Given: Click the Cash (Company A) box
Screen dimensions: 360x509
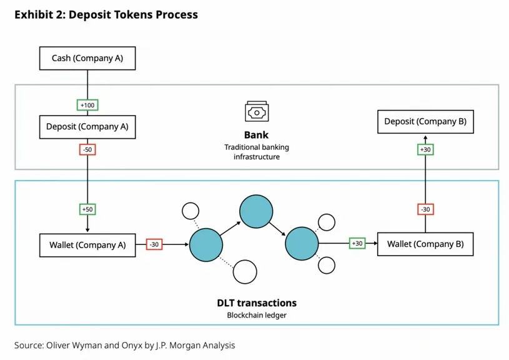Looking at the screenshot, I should click(87, 59).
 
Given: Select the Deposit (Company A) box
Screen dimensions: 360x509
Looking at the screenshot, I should click(87, 126).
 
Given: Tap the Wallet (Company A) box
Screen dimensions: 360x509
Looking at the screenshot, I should click(87, 245).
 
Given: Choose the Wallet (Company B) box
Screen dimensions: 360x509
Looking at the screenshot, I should click(425, 244).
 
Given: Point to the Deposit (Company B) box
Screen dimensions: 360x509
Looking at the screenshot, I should click(425, 121).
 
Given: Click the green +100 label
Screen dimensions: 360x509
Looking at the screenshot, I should click(87, 105).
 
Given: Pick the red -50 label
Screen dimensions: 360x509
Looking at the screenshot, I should click(87, 149).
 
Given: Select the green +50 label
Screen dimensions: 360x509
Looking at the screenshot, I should click(87, 209).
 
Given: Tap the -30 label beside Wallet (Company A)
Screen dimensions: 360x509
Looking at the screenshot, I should click(154, 245).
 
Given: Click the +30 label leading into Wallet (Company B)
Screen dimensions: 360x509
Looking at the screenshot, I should click(357, 244).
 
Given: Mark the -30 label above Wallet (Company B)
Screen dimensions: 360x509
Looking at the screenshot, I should click(425, 209).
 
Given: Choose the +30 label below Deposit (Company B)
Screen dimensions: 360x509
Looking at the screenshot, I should click(425, 149).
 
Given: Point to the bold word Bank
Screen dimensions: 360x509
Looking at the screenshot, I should click(256, 134).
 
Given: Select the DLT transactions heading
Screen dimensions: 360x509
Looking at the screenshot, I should click(257, 303).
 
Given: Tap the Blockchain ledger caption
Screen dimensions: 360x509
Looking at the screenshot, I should click(257, 315).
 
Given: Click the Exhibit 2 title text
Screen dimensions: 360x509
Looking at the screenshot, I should click(106, 14).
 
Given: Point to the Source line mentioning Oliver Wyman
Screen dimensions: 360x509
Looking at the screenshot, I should click(125, 345).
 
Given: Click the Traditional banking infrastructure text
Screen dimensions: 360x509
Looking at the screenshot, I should click(257, 152).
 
